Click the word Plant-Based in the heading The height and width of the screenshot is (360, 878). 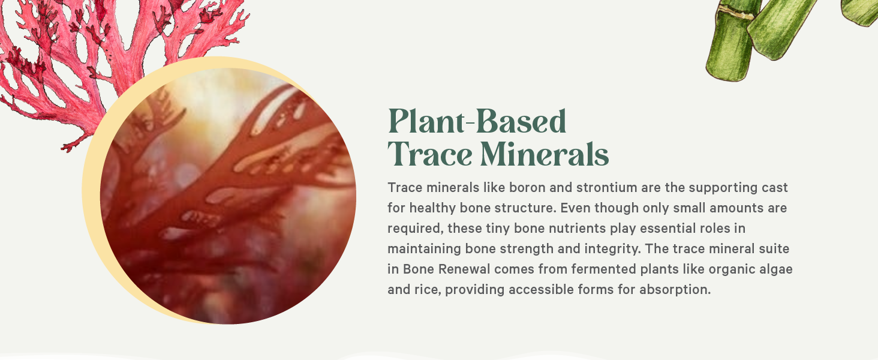tap(477, 122)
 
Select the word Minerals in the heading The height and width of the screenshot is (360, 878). tap(545, 154)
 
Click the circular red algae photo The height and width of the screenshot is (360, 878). tap(228, 198)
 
